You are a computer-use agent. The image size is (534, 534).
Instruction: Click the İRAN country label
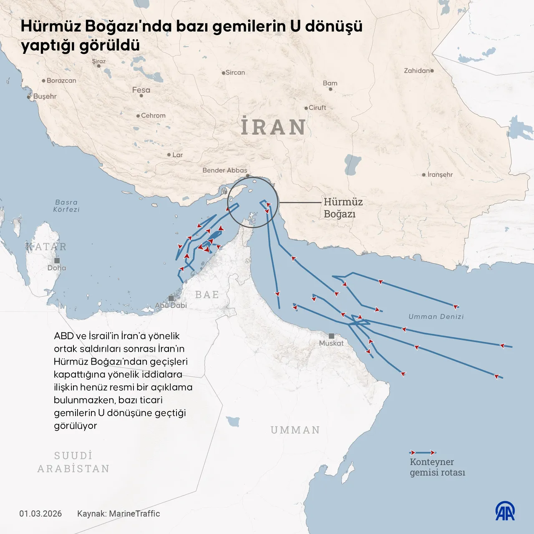tap(274, 127)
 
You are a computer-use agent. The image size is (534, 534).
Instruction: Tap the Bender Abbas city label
tap(224, 170)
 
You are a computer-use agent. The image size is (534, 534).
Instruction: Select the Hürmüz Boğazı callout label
tap(343, 208)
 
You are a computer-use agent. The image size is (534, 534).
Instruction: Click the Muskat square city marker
tap(331, 336)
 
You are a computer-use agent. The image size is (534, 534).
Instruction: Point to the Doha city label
tap(57, 268)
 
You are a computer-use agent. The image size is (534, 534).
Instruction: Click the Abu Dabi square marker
tap(171, 298)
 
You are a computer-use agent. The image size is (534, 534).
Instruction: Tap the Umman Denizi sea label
tap(436, 317)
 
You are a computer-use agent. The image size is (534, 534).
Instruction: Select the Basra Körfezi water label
tap(66, 206)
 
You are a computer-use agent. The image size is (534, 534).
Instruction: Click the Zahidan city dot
tap(432, 71)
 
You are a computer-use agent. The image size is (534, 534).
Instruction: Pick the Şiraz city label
tap(99, 61)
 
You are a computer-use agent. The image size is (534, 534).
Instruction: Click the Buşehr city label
tap(45, 96)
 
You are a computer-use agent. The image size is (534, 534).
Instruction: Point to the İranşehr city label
tap(440, 174)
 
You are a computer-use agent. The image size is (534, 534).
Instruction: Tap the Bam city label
tap(330, 83)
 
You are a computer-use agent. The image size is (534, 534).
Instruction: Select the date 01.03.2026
tap(40, 514)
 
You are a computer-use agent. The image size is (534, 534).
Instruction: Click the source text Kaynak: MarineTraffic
tap(118, 514)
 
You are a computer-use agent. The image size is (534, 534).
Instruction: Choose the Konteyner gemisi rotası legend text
tap(437, 467)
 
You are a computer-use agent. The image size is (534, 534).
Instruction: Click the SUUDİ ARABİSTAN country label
tap(73, 462)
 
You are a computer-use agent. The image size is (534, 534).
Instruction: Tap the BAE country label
tap(207, 295)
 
